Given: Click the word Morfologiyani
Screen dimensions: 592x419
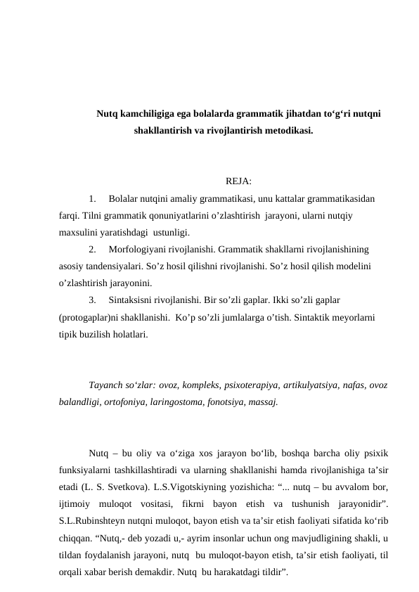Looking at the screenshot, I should tap(138, 249).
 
